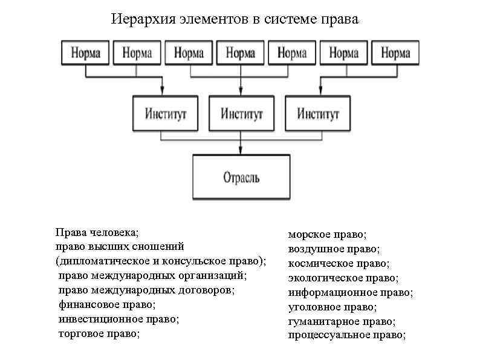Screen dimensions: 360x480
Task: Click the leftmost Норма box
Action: pyautogui.click(x=85, y=53)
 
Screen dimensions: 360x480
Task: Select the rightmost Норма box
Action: pyautogui.click(x=396, y=53)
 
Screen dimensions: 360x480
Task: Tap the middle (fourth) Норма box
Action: pyautogui.click(x=241, y=53)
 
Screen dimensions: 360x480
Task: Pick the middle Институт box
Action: pyautogui.click(x=241, y=113)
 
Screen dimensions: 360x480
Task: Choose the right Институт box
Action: pyautogui.click(x=317, y=113)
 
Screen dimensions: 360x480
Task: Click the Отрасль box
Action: pyautogui.click(x=241, y=177)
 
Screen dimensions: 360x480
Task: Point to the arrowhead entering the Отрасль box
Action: pyautogui.click(x=241, y=152)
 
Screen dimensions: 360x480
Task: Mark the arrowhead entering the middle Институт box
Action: pyautogui.click(x=241, y=92)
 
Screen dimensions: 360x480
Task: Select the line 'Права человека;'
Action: pyautogui.click(x=97, y=232)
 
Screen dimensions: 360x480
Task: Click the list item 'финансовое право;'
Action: pyautogui.click(x=106, y=304)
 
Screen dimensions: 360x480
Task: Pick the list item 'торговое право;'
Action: pyautogui.click(x=99, y=333)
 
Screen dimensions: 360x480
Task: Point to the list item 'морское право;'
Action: pyautogui.click(x=328, y=234)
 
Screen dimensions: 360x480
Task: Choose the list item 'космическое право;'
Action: pyautogui.click(x=339, y=263)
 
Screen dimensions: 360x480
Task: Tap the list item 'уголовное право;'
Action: pyautogui.click(x=332, y=307)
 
